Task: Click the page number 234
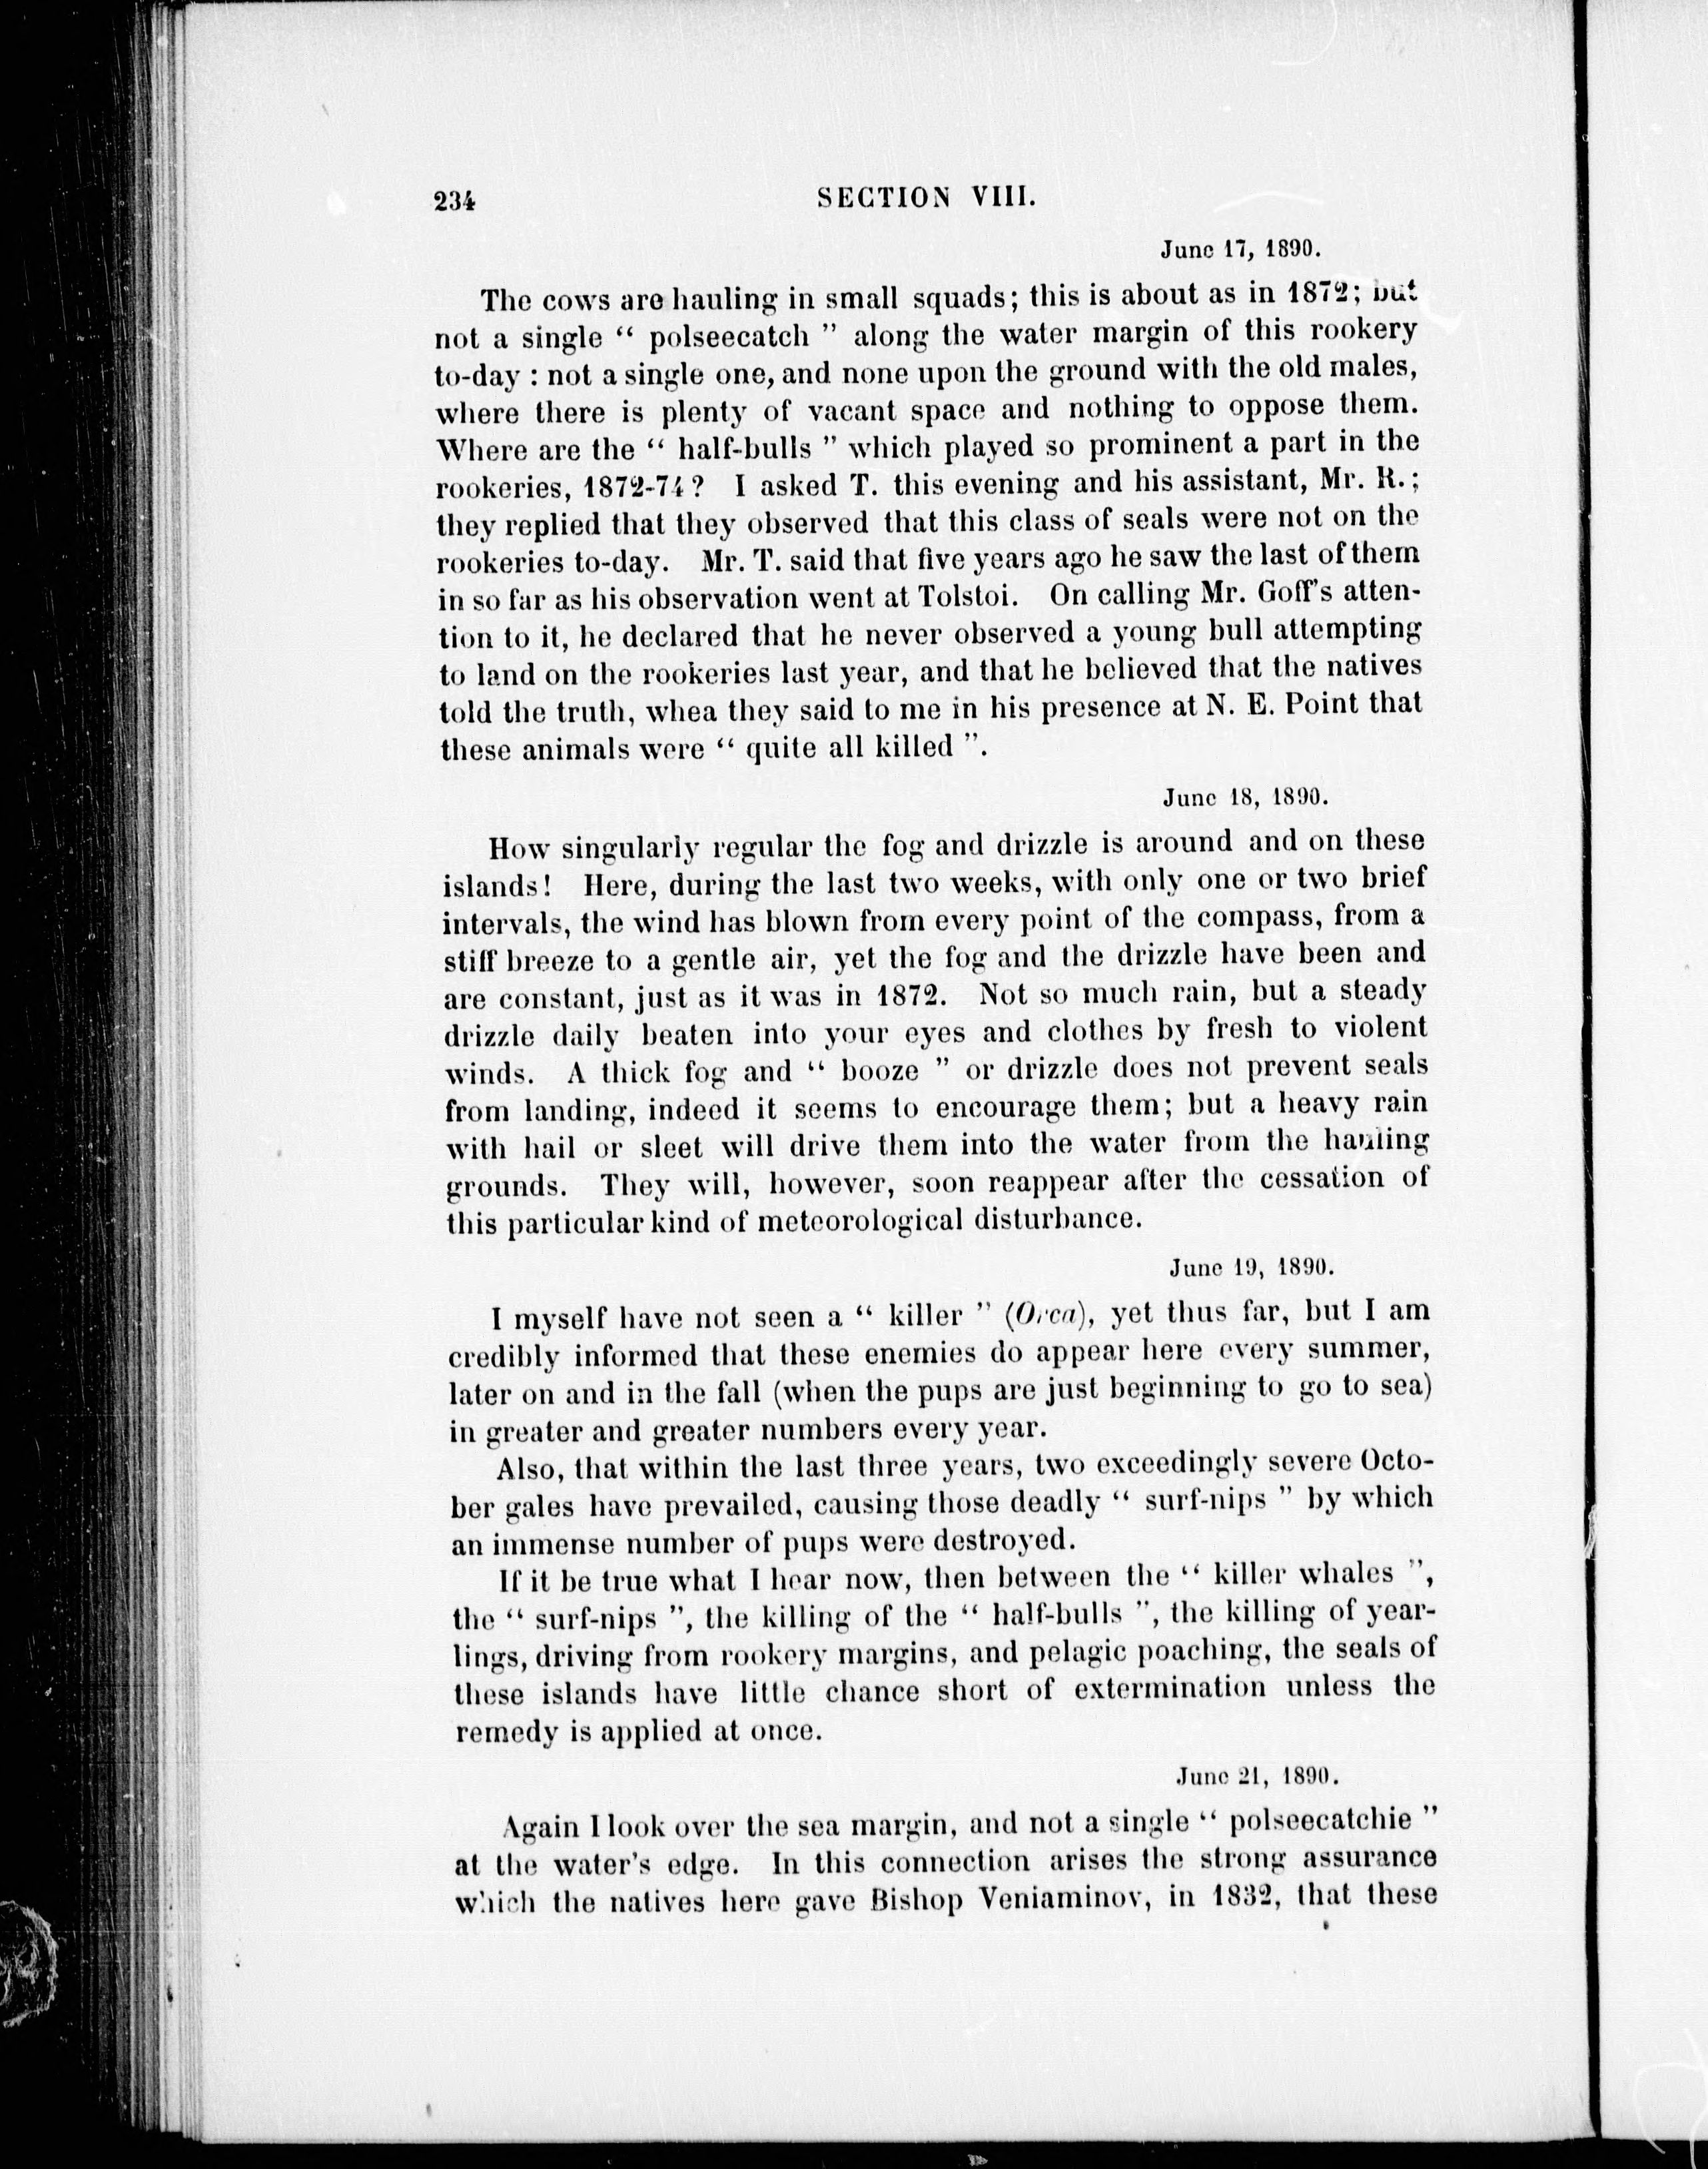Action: tap(454, 200)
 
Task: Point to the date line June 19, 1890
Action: tap(1253, 1267)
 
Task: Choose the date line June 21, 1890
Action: tap(1256, 1774)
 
